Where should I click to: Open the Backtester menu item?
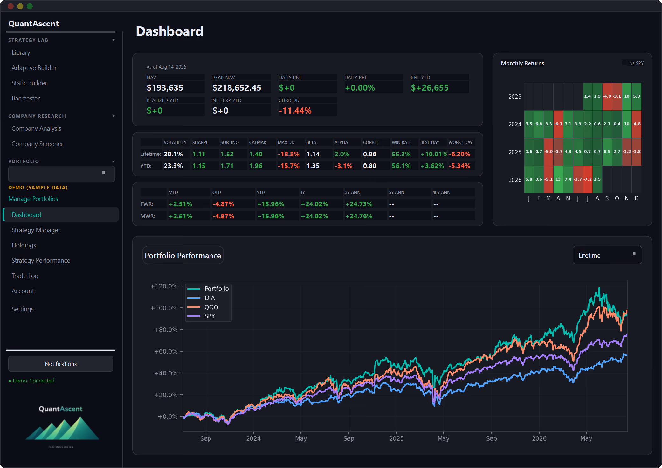point(26,98)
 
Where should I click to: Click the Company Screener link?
point(37,144)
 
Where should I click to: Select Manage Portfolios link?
point(33,199)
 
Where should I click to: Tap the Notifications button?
point(61,364)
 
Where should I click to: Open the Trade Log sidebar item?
point(25,276)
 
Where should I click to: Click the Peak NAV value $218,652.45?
point(237,88)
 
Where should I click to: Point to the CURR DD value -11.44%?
point(295,111)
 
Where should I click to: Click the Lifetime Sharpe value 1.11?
point(199,154)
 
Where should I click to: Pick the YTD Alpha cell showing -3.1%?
point(343,166)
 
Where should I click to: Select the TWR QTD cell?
point(223,204)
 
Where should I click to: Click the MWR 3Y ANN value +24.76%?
point(359,216)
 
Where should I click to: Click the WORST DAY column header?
point(460,142)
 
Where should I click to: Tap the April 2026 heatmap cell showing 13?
point(558,179)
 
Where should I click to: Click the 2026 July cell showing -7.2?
point(588,179)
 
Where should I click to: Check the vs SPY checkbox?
point(625,63)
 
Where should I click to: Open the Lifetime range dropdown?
point(607,255)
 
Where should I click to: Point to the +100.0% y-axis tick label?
point(164,308)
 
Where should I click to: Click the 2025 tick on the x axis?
point(396,438)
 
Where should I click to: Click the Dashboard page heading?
point(169,31)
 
